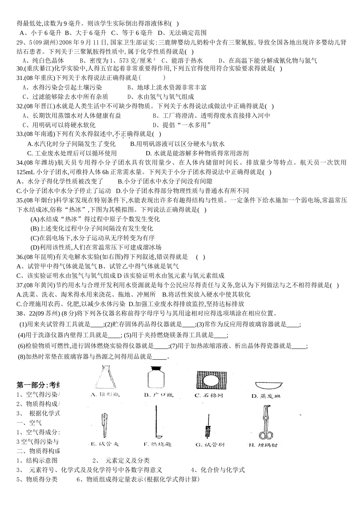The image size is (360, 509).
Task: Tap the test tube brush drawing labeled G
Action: [208, 428]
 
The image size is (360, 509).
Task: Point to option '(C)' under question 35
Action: [35, 238]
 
